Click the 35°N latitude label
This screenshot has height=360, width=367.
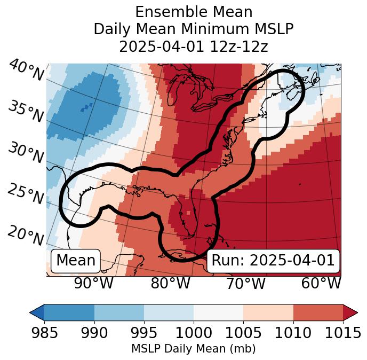pos(26,111)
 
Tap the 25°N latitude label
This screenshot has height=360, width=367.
pos(25,194)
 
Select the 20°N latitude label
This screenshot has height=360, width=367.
pos(25,235)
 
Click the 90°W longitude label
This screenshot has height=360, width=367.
pos(94,284)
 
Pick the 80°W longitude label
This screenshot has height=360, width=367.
pos(170,284)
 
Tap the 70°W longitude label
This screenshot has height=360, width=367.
pos(245,284)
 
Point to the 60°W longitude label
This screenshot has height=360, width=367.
pos(321,284)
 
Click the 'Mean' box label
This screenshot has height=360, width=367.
pos(76,261)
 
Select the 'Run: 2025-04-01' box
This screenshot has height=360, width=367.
pos(273,261)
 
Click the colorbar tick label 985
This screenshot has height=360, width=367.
pos(44,333)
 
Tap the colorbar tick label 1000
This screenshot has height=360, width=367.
pos(193,333)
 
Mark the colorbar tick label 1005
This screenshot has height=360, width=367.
pos(243,333)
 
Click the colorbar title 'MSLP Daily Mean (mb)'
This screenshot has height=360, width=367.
pos(193,349)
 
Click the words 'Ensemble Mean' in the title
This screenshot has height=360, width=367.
pos(193,12)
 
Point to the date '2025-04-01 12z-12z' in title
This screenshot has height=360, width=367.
pos(193,46)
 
